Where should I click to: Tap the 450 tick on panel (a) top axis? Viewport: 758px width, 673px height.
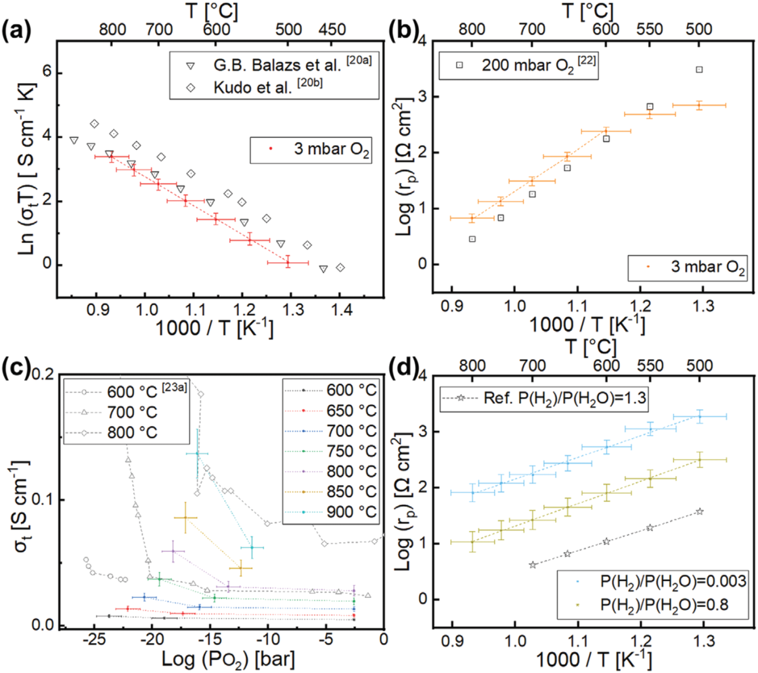(x=332, y=29)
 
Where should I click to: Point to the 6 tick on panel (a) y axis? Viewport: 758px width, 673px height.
(x=47, y=72)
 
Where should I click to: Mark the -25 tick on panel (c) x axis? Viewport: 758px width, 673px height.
(x=94, y=639)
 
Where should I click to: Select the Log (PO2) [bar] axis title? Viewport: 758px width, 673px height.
(x=228, y=659)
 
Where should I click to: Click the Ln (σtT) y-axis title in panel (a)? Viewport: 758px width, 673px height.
(x=27, y=168)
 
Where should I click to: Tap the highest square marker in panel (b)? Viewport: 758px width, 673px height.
(x=699, y=70)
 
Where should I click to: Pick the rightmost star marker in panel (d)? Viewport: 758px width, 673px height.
(x=699, y=511)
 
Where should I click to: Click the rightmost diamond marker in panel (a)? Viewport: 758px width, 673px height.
(x=340, y=268)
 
